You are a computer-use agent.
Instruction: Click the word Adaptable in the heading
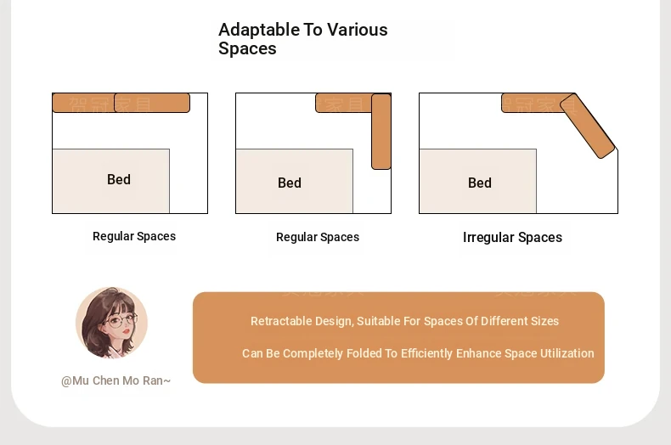(259, 31)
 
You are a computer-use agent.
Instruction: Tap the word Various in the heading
(358, 30)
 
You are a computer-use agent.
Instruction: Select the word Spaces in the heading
(247, 48)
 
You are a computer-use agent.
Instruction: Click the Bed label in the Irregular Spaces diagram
(480, 183)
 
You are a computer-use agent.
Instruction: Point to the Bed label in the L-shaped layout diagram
(290, 183)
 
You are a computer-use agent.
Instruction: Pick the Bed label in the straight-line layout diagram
(119, 179)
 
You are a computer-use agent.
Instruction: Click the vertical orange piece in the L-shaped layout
(381, 132)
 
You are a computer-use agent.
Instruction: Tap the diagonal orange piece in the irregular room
(588, 126)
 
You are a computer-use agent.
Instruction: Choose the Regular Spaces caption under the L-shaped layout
(318, 237)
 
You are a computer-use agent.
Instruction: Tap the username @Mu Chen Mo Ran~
(116, 380)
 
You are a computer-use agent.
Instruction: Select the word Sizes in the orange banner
(545, 321)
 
